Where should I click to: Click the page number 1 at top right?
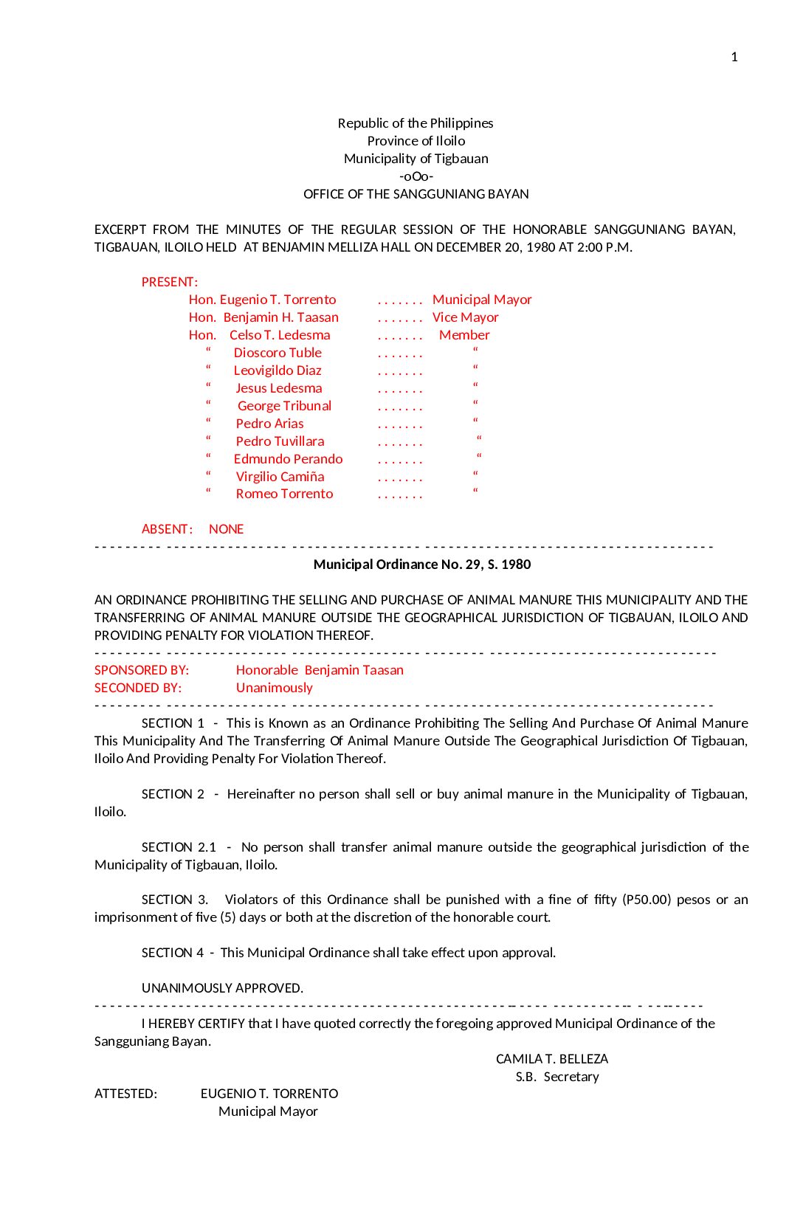coord(734,57)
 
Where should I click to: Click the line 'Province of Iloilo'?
coord(416,141)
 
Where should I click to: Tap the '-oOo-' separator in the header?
coord(416,176)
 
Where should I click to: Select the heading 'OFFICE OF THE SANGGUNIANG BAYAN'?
coord(416,194)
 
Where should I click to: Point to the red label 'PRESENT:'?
coord(170,282)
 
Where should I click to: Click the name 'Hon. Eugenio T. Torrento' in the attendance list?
coord(263,300)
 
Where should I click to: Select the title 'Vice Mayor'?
coord(466,317)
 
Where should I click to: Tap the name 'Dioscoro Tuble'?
coord(278,353)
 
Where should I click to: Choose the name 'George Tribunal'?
coord(284,406)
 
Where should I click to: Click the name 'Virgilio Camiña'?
coord(280,477)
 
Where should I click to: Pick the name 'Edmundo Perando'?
coord(288,459)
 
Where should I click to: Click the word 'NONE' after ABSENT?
coord(226,529)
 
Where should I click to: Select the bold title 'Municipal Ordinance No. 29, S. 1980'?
coord(422,565)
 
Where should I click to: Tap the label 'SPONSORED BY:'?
coord(142,670)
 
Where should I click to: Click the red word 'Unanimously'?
coord(275,688)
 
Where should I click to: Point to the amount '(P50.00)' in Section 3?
coord(647,900)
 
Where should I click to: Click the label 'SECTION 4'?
coord(173,953)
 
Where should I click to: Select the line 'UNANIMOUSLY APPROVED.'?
coord(222,988)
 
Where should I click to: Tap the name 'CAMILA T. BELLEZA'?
coord(552,1059)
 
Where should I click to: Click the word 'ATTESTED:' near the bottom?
coord(125,1094)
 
